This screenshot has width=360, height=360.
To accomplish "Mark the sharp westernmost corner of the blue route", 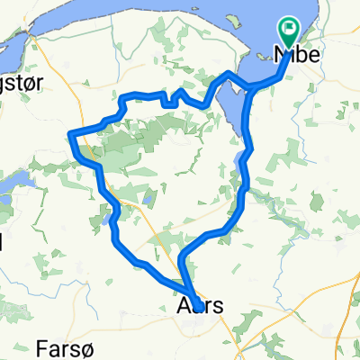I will (69, 135).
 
